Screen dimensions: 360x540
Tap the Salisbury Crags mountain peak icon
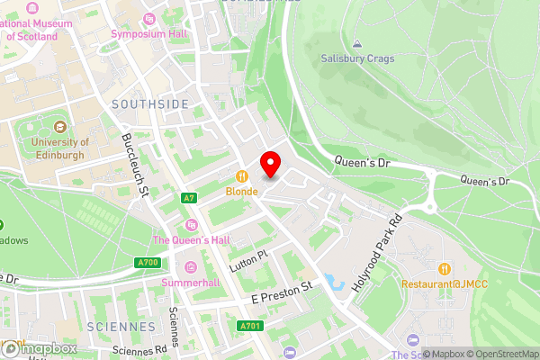(x=357, y=43)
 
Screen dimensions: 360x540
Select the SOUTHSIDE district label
(x=150, y=104)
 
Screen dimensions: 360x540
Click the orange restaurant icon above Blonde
(x=241, y=176)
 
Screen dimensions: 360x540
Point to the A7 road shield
(x=188, y=197)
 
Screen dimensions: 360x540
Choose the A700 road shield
(x=149, y=263)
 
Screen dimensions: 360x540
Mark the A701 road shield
(x=250, y=326)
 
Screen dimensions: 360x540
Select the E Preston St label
(x=281, y=289)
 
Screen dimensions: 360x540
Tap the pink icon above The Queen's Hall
(x=190, y=224)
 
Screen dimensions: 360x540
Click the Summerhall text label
(x=190, y=283)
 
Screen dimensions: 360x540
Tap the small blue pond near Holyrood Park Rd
(x=336, y=283)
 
